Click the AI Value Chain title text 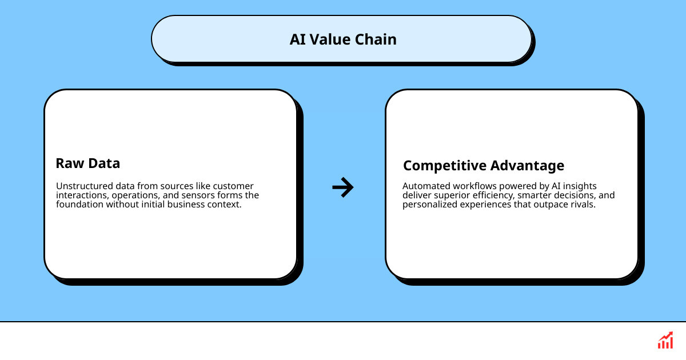coord(343,39)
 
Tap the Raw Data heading coord(88,163)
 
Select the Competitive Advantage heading coord(484,166)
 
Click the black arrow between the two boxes coord(343,187)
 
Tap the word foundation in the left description coord(80,205)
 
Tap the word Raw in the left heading coord(68,163)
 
